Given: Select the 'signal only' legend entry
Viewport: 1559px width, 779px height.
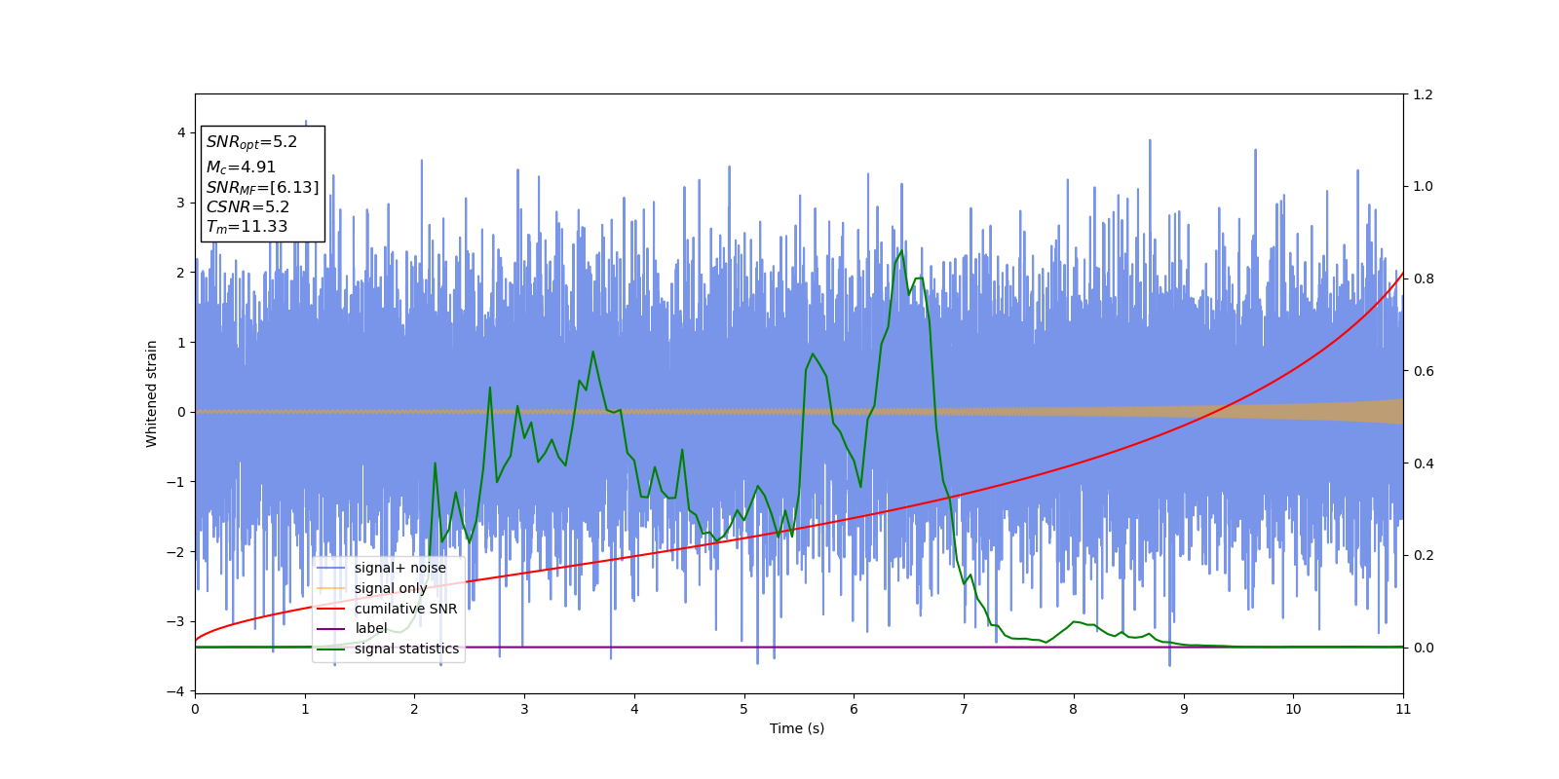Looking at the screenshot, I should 391,588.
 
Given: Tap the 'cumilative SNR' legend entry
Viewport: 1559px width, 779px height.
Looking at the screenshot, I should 405,609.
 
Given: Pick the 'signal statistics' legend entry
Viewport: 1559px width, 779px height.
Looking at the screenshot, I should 406,649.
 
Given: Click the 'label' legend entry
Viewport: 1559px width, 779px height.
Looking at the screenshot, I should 370,628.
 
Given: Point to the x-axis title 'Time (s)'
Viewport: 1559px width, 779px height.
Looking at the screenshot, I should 797,728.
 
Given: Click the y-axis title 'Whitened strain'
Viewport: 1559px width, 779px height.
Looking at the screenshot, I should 152,393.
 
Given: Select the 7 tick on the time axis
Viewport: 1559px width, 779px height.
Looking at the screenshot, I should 964,709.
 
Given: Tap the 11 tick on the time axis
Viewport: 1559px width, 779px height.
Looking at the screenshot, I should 1403,709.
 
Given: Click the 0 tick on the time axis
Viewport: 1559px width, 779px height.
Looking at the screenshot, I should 195,709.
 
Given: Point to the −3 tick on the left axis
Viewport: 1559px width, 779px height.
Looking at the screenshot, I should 178,621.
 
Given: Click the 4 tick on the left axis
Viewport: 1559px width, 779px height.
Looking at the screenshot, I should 180,132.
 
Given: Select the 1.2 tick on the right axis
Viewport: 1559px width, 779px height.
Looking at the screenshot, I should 1423,94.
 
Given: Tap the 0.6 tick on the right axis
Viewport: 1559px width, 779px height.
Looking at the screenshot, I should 1423,371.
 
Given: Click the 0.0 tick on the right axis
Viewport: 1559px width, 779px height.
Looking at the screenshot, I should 1423,648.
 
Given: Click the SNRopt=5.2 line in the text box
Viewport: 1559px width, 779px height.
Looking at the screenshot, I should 251,142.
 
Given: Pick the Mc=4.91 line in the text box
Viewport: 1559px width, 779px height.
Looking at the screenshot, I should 241,167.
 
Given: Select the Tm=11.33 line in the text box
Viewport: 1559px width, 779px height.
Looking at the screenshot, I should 247,227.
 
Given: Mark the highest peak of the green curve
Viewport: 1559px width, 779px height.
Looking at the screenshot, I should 901,250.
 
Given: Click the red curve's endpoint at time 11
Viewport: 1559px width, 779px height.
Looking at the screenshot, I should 1403,274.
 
